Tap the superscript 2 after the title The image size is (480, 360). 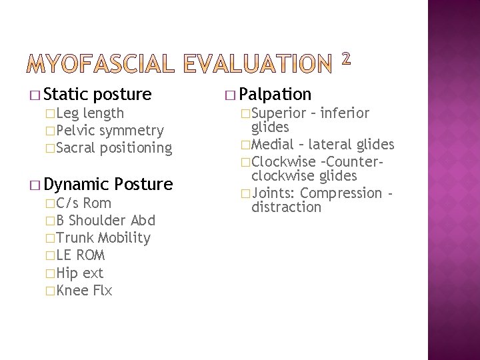coord(346,59)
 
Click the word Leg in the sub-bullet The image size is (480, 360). coord(67,113)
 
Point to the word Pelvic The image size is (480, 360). coord(76,131)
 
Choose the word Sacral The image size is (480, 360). coord(78,148)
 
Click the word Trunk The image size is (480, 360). coord(75,238)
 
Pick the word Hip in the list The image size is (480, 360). coord(67,273)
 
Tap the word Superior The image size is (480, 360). coord(279,113)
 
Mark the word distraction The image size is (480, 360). coord(286,207)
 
